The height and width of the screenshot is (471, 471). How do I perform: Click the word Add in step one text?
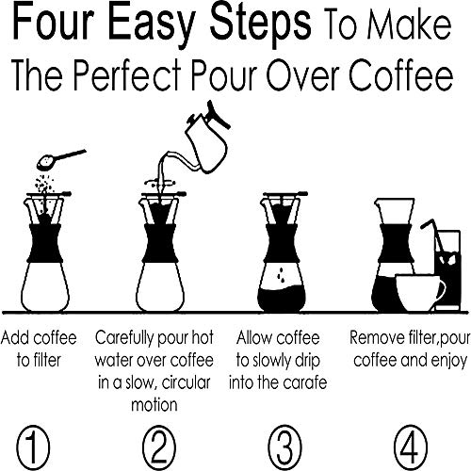point(18,335)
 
